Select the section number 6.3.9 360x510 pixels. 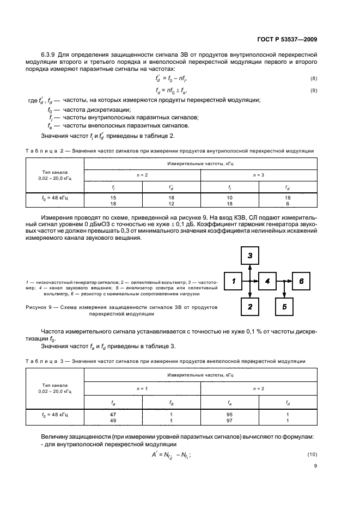tap(49, 56)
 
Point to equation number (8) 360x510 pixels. tap(314, 79)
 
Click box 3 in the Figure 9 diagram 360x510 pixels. tap(250, 255)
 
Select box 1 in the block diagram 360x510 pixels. tap(233, 281)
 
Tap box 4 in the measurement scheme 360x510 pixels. tap(267, 281)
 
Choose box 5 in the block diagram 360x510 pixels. tap(284, 307)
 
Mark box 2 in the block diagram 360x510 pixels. tap(250, 307)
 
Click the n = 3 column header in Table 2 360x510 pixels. tap(259, 174)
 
